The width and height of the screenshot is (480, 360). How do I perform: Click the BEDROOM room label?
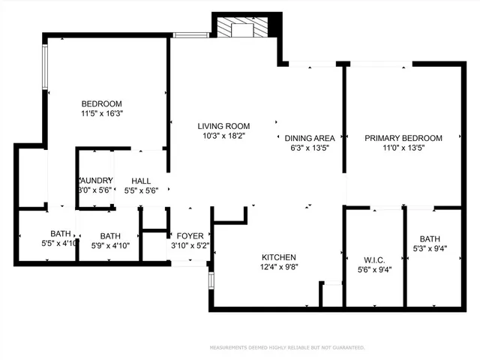point(101,103)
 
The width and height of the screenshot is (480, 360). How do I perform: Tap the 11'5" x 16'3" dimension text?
point(101,113)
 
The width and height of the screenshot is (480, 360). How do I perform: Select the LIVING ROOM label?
point(223,126)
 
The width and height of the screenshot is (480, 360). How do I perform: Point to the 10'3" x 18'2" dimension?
point(223,136)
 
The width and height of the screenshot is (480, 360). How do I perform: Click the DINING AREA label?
point(310,138)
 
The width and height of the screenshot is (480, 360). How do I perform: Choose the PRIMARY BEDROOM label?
point(403,138)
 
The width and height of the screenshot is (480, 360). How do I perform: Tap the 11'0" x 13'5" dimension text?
point(403,148)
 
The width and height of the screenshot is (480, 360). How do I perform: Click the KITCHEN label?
point(278,256)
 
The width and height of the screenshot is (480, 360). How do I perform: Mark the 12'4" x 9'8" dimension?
point(278,266)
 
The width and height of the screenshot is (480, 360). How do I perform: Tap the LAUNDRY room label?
point(95,181)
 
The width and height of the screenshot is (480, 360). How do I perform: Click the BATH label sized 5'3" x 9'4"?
point(430,239)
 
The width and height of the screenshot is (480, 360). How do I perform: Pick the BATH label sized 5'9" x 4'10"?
point(110,235)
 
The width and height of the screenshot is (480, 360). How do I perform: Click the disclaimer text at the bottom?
point(287,347)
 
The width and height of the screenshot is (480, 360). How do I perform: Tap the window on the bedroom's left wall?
point(46,67)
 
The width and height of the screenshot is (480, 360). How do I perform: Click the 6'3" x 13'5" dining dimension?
point(310,148)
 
